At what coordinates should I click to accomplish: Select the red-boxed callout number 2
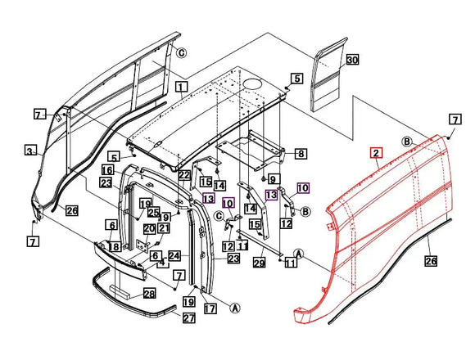pyautogui.click(x=376, y=153)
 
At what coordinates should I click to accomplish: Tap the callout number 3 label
pyautogui.click(x=29, y=151)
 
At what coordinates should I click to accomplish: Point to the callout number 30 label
pyautogui.click(x=352, y=61)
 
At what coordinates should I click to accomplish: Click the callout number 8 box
pyautogui.click(x=301, y=153)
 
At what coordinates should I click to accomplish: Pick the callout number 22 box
pyautogui.click(x=184, y=176)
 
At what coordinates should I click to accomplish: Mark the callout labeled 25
pyautogui.click(x=153, y=213)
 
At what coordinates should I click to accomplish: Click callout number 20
pyautogui.click(x=149, y=229)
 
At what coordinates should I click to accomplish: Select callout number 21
pyautogui.click(x=164, y=227)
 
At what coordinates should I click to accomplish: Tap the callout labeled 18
pyautogui.click(x=115, y=247)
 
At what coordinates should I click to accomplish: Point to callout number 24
pyautogui.click(x=174, y=255)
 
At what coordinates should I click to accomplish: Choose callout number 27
pyautogui.click(x=188, y=318)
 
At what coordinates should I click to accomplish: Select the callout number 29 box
pyautogui.click(x=260, y=262)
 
